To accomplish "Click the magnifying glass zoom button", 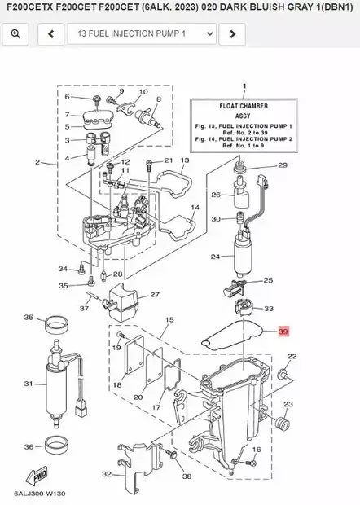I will click(x=16, y=34).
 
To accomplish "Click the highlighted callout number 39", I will click(x=283, y=332).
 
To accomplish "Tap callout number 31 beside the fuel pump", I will click(x=28, y=384).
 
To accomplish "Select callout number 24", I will click(x=216, y=257).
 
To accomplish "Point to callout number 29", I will click(x=283, y=165).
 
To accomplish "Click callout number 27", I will click(x=155, y=295).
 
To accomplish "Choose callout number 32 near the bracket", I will click(x=107, y=474).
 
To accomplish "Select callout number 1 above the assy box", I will click(x=244, y=86).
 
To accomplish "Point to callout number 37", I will click(x=84, y=309).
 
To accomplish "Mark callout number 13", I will click(x=185, y=161).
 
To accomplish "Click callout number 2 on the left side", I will click(x=37, y=163).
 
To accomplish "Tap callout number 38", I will click(x=187, y=476).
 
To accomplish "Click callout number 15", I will click(x=169, y=321).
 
